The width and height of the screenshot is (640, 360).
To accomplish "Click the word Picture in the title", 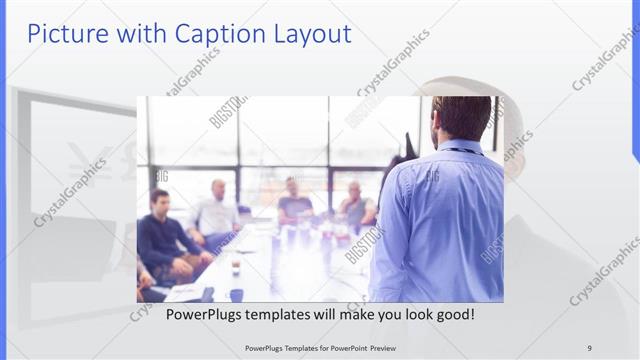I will click(64, 33).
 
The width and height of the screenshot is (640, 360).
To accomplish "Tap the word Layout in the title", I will click(309, 33).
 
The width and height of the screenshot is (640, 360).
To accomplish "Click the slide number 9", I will click(589, 347).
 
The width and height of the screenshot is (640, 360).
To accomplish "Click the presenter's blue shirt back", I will click(440, 220).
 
